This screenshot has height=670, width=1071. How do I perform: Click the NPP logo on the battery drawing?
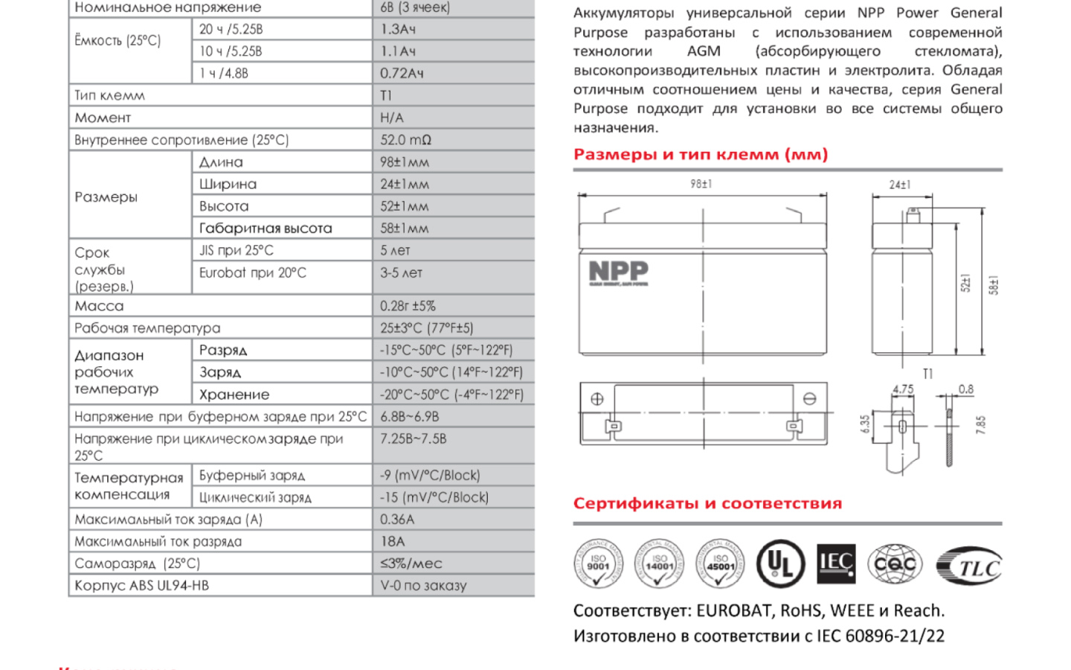click(x=618, y=272)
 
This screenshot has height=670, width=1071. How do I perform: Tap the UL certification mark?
click(x=780, y=564)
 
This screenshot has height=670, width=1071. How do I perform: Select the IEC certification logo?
click(x=835, y=564)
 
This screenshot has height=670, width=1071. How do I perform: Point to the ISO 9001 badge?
click(x=598, y=564)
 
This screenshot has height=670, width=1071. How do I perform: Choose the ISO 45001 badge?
click(x=719, y=564)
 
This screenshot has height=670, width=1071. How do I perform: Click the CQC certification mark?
click(x=895, y=564)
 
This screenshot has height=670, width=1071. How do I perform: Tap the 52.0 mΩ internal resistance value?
click(x=405, y=140)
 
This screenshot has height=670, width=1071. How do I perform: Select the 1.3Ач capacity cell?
click(x=398, y=29)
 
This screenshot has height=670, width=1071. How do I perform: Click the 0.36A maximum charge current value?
click(x=397, y=520)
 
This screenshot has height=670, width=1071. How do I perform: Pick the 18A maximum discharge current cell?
click(x=393, y=542)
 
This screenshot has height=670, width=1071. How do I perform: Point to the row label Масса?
click(x=99, y=306)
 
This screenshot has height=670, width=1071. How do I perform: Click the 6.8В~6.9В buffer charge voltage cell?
click(x=410, y=417)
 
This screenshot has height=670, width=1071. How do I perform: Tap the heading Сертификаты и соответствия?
click(x=707, y=504)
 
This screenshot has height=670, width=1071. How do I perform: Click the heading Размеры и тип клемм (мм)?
click(x=700, y=155)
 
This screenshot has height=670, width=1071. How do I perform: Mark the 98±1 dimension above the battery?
click(x=701, y=184)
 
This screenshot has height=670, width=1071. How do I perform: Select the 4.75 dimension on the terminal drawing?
click(x=902, y=389)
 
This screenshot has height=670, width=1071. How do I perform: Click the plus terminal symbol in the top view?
click(x=596, y=399)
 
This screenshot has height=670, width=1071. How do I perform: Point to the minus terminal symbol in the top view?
click(x=809, y=399)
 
